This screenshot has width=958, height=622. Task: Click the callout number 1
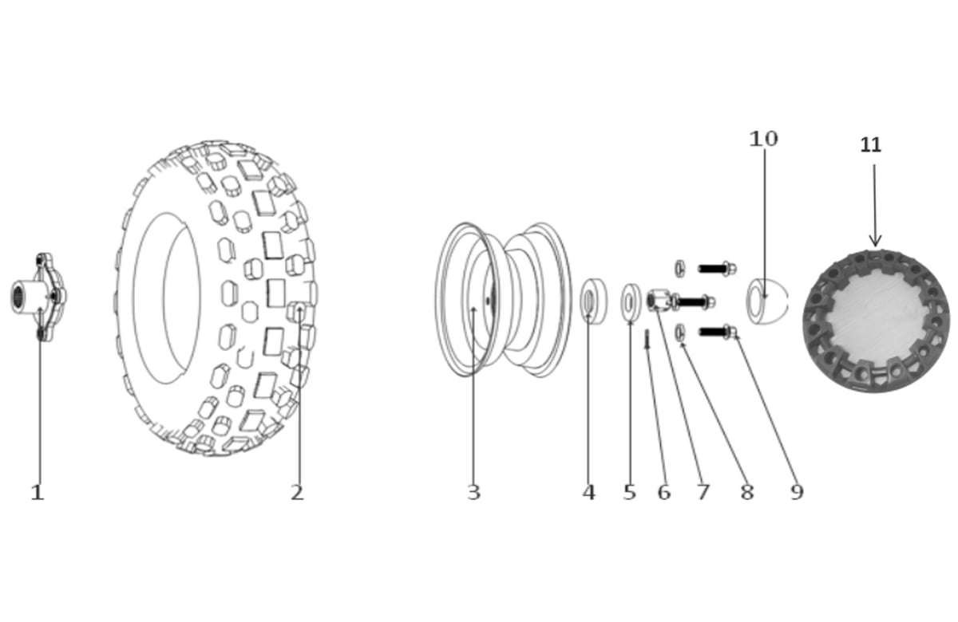tap(37, 493)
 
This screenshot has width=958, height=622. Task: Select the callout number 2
tap(297, 493)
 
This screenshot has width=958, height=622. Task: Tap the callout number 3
tap(473, 493)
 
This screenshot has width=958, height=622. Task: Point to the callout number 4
tap(588, 493)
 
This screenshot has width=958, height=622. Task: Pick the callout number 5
tap(630, 493)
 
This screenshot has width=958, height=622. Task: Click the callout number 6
tap(664, 493)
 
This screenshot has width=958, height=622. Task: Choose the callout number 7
tap(703, 493)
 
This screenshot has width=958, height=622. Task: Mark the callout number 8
tap(746, 493)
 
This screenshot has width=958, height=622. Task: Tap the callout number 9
tap(797, 493)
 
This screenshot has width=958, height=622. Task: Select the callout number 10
tap(763, 139)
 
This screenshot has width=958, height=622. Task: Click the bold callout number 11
tap(870, 145)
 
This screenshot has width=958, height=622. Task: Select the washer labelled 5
tap(631, 301)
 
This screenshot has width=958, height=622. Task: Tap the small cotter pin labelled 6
tap(647, 339)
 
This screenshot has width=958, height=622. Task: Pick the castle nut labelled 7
tap(659, 301)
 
